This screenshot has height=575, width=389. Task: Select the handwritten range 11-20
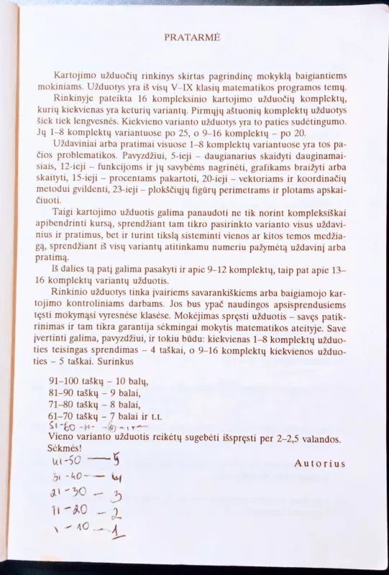pyautogui.click(x=66, y=512)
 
